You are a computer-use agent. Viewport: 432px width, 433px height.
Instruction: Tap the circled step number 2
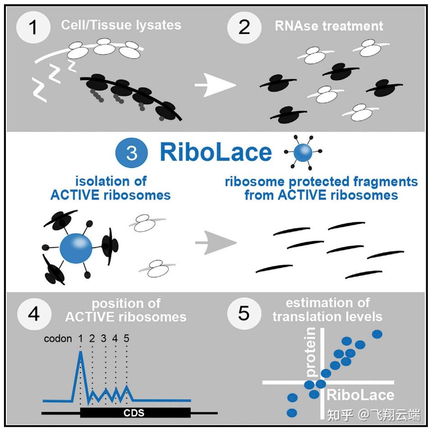point(244,26)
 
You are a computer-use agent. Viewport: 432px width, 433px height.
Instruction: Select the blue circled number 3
point(132,153)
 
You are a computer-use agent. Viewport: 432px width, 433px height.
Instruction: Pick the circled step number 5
point(244,313)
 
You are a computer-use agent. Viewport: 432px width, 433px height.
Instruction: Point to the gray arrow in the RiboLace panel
point(215,243)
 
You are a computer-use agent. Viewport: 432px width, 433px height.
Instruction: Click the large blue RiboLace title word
point(215,153)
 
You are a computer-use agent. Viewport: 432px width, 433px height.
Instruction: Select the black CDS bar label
point(135,412)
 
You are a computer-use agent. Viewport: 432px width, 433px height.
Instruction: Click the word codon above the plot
point(58,338)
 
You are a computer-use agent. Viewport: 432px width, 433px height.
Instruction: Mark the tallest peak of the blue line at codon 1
point(81,353)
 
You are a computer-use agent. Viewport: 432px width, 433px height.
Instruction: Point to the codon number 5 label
point(127,338)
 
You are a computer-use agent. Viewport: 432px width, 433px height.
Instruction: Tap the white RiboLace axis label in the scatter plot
point(360,396)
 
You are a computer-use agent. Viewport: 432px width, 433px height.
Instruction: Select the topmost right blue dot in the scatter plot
point(377,334)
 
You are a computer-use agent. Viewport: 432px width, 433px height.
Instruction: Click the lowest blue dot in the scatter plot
point(292,412)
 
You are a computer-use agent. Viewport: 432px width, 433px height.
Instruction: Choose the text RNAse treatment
point(329,26)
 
